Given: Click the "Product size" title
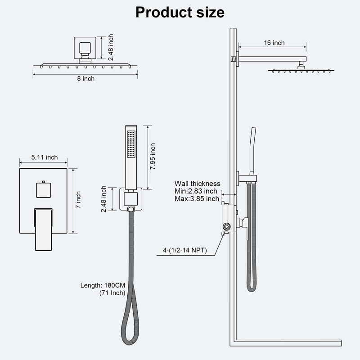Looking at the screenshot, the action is (180, 12).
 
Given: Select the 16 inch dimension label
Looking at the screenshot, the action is (274, 43).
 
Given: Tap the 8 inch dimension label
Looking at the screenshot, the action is (85, 79).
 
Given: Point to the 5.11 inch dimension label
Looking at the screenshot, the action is (45, 157).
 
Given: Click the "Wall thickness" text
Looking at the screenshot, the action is (198, 184).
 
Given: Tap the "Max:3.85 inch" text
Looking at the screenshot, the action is (197, 198).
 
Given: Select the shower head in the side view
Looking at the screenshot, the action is (301, 70).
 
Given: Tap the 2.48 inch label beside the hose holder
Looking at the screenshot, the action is (104, 199).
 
